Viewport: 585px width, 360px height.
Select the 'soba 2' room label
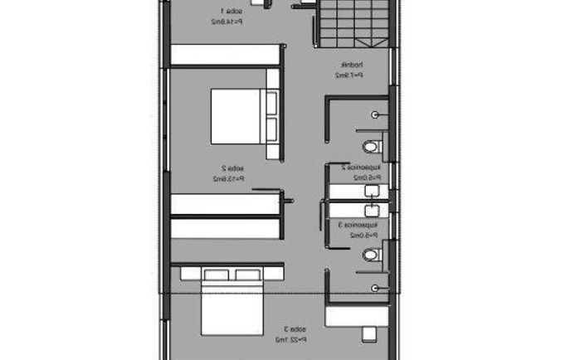point(220,168)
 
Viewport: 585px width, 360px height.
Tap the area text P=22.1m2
point(290,338)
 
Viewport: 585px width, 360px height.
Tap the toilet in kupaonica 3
point(373,255)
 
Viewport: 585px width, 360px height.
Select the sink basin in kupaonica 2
point(373,190)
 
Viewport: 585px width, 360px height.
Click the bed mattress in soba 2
point(236,116)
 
